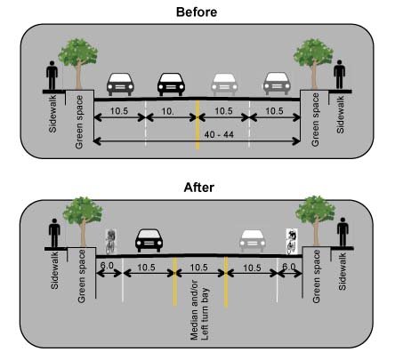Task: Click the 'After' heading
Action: (198, 188)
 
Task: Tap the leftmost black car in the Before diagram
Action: (121, 84)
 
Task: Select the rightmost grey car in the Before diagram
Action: (275, 84)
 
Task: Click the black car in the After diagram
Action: (149, 242)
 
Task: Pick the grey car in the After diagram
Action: (251, 242)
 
